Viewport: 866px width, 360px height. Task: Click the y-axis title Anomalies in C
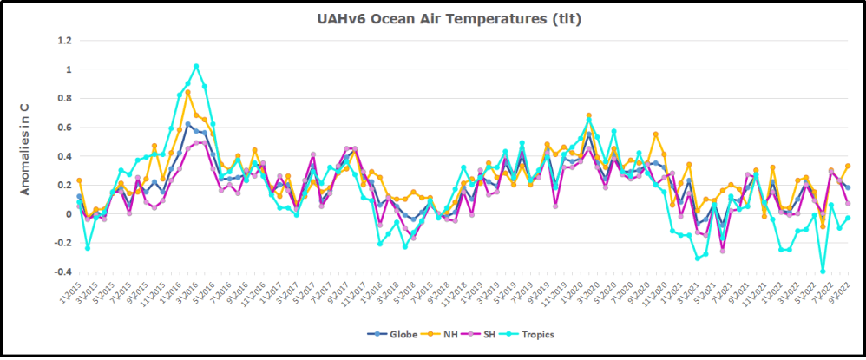25,148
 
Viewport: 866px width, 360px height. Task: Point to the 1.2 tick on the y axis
63,40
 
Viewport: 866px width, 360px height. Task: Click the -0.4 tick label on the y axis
62,272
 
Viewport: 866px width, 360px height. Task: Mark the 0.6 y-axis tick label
63,127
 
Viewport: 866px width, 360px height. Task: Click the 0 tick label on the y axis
68,213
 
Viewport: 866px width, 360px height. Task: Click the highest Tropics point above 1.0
196,66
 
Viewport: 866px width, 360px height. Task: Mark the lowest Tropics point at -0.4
823,272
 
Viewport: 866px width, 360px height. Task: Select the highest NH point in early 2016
187,92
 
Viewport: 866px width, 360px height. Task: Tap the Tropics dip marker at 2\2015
88,248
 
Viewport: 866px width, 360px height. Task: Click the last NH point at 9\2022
848,166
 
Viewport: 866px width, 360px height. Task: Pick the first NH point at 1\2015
79,180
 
